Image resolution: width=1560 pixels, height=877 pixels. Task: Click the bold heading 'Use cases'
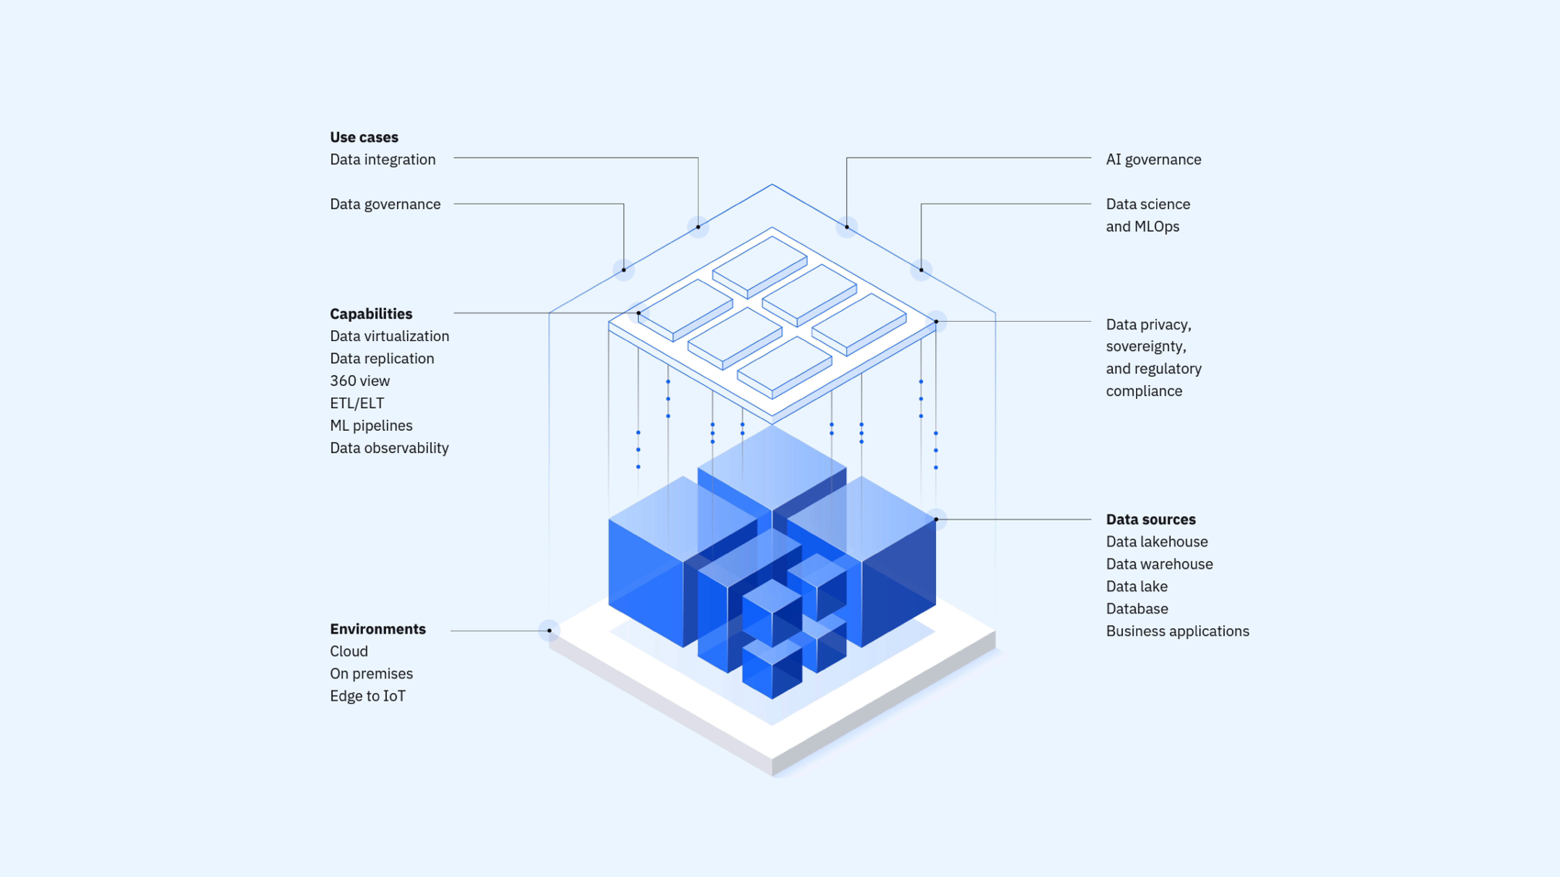[364, 137]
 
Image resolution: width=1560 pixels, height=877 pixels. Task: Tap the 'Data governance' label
[385, 204]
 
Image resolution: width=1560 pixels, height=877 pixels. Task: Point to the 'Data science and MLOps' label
[1148, 215]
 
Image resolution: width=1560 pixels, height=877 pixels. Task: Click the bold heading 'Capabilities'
[371, 314]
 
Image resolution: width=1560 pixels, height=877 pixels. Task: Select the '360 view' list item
[360, 381]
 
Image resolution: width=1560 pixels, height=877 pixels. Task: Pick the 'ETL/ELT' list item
[357, 403]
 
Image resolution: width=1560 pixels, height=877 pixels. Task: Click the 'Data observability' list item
[389, 448]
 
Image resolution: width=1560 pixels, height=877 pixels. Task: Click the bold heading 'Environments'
[377, 629]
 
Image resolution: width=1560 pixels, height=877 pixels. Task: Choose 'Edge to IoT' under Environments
[368, 696]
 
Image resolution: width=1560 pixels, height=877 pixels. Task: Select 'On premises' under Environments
[371, 674]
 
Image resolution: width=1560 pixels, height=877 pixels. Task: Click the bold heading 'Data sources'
[1151, 519]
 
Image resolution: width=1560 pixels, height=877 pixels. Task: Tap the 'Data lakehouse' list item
[1157, 542]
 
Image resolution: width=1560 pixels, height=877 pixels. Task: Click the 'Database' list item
[1137, 609]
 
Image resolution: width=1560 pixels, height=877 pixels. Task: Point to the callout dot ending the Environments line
[549, 631]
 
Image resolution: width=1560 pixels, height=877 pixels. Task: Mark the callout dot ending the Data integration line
[698, 227]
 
